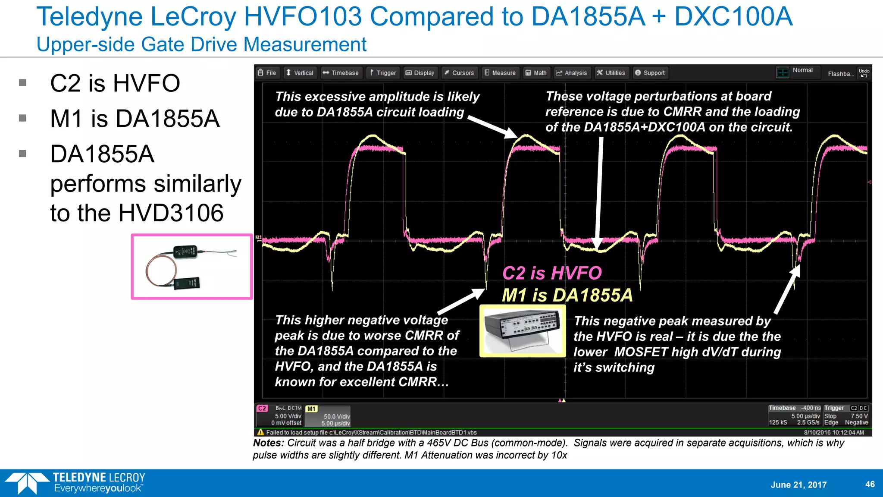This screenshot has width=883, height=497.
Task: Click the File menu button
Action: coord(267,73)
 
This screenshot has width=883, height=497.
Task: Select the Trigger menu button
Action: coord(383,73)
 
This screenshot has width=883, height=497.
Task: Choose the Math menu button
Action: coord(536,73)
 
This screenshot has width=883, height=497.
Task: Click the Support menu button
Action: coord(650,73)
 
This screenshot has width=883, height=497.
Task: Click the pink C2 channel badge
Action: coord(262,408)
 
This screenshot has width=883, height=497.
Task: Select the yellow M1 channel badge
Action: coord(311,409)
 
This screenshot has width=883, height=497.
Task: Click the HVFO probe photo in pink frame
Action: coord(192,267)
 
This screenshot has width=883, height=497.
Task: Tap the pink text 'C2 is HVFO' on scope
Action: coord(552,273)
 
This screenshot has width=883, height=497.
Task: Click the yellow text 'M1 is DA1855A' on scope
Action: coord(567,296)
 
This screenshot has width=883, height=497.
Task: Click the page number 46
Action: coord(870,484)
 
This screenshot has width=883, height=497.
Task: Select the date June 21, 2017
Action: coord(798,484)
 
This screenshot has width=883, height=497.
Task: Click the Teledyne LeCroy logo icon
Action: coord(27,483)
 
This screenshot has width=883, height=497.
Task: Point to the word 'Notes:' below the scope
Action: coord(268,443)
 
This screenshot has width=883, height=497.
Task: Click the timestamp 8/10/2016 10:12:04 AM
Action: coord(833,432)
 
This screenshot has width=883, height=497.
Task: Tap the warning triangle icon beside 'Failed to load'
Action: coord(260,432)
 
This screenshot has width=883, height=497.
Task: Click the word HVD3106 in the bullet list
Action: coord(171,213)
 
